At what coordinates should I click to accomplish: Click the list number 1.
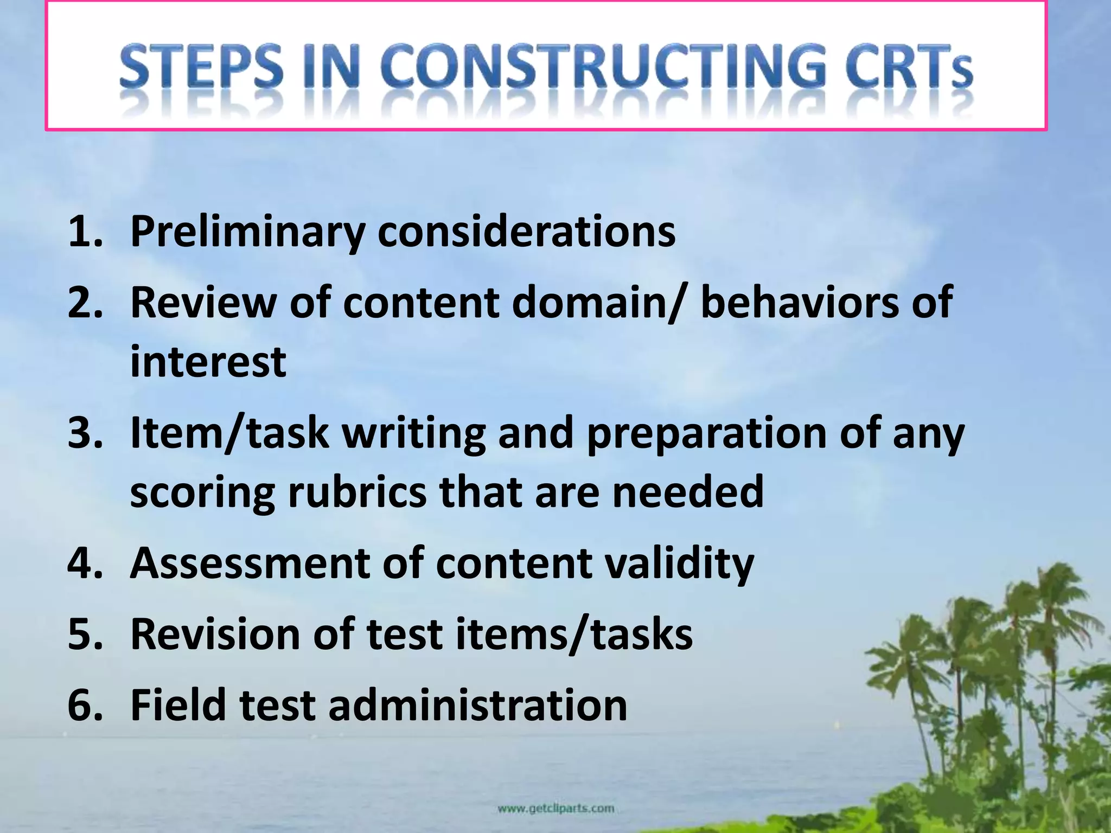85,232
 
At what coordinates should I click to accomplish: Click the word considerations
526,232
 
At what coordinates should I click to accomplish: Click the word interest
208,362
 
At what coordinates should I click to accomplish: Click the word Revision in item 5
215,634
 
